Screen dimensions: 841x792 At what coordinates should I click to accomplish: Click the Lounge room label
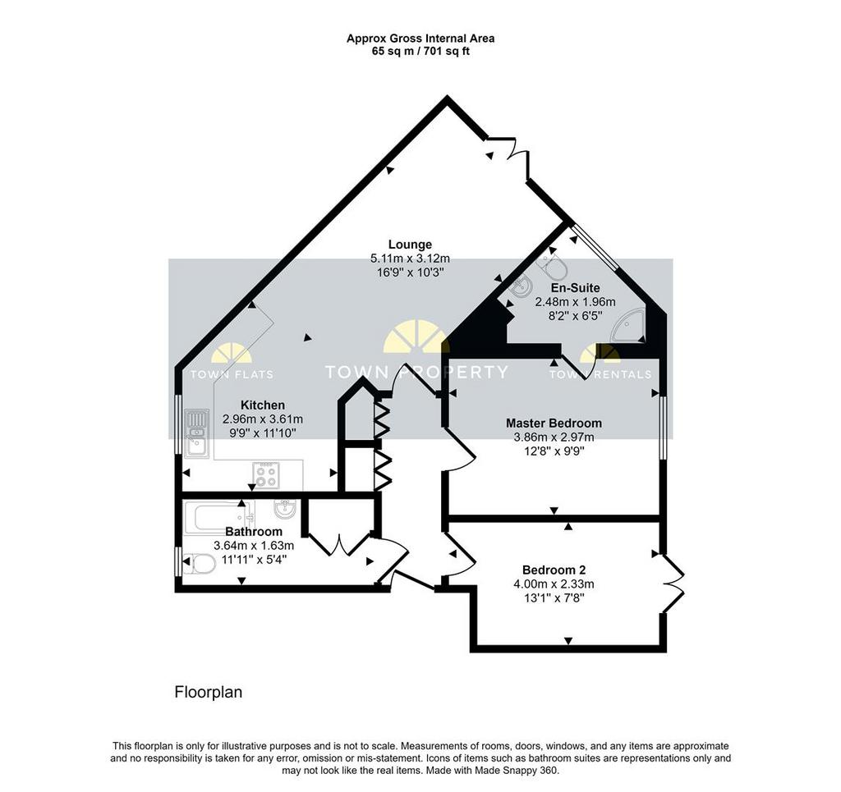(x=411, y=245)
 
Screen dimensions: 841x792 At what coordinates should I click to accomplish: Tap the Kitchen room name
(x=262, y=405)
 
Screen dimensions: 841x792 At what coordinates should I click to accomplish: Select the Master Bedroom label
(x=554, y=423)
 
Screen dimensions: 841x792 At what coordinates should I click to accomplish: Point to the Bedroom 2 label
(x=554, y=570)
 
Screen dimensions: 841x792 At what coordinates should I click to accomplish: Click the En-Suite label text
(x=575, y=288)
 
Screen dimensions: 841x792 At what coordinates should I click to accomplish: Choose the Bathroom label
(x=254, y=532)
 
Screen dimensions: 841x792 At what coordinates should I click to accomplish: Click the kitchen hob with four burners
(x=266, y=474)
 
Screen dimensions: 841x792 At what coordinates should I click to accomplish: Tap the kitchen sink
(x=197, y=433)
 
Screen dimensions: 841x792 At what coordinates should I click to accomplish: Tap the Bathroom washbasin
(x=284, y=509)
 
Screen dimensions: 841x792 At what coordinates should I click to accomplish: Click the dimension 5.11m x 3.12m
(x=411, y=259)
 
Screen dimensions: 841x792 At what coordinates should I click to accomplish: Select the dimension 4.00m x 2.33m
(x=554, y=584)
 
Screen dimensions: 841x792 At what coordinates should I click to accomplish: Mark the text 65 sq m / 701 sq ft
(x=420, y=52)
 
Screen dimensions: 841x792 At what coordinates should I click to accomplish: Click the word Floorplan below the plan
(x=209, y=692)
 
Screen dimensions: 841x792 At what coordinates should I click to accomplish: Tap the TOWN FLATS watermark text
(x=232, y=374)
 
